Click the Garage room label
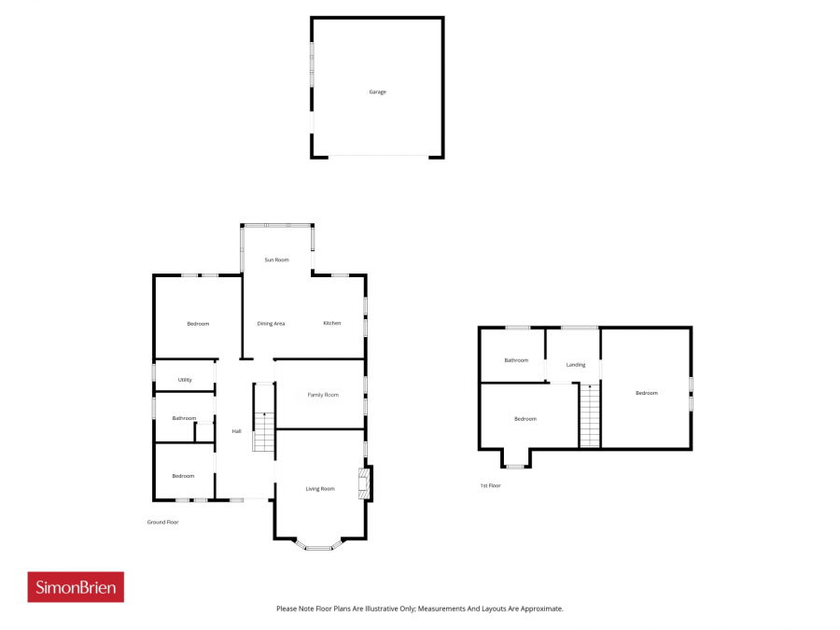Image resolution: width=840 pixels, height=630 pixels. [377, 92]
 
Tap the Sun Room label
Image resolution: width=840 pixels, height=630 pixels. [276, 259]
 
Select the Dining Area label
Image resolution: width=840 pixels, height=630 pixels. [271, 324]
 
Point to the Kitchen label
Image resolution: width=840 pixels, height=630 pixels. [331, 323]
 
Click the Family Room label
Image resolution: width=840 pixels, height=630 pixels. [323, 395]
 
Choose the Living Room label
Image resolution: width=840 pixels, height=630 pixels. [320, 488]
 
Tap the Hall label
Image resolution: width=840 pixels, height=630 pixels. [236, 431]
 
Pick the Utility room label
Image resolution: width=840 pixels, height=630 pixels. [184, 380]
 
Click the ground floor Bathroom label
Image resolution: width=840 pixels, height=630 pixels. [184, 418]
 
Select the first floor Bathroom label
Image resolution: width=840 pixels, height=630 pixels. [516, 360]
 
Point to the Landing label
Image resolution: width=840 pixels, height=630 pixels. [575, 365]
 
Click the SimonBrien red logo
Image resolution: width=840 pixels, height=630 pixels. [76, 587]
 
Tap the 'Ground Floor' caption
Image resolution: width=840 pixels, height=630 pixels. [162, 522]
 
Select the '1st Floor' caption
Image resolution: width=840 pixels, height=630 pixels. [490, 485]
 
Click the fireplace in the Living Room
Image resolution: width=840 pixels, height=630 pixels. [364, 483]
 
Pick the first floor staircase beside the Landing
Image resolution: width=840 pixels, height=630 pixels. [590, 415]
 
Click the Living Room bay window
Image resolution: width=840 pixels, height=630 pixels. [319, 545]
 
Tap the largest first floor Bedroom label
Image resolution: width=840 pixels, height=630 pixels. [646, 393]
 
